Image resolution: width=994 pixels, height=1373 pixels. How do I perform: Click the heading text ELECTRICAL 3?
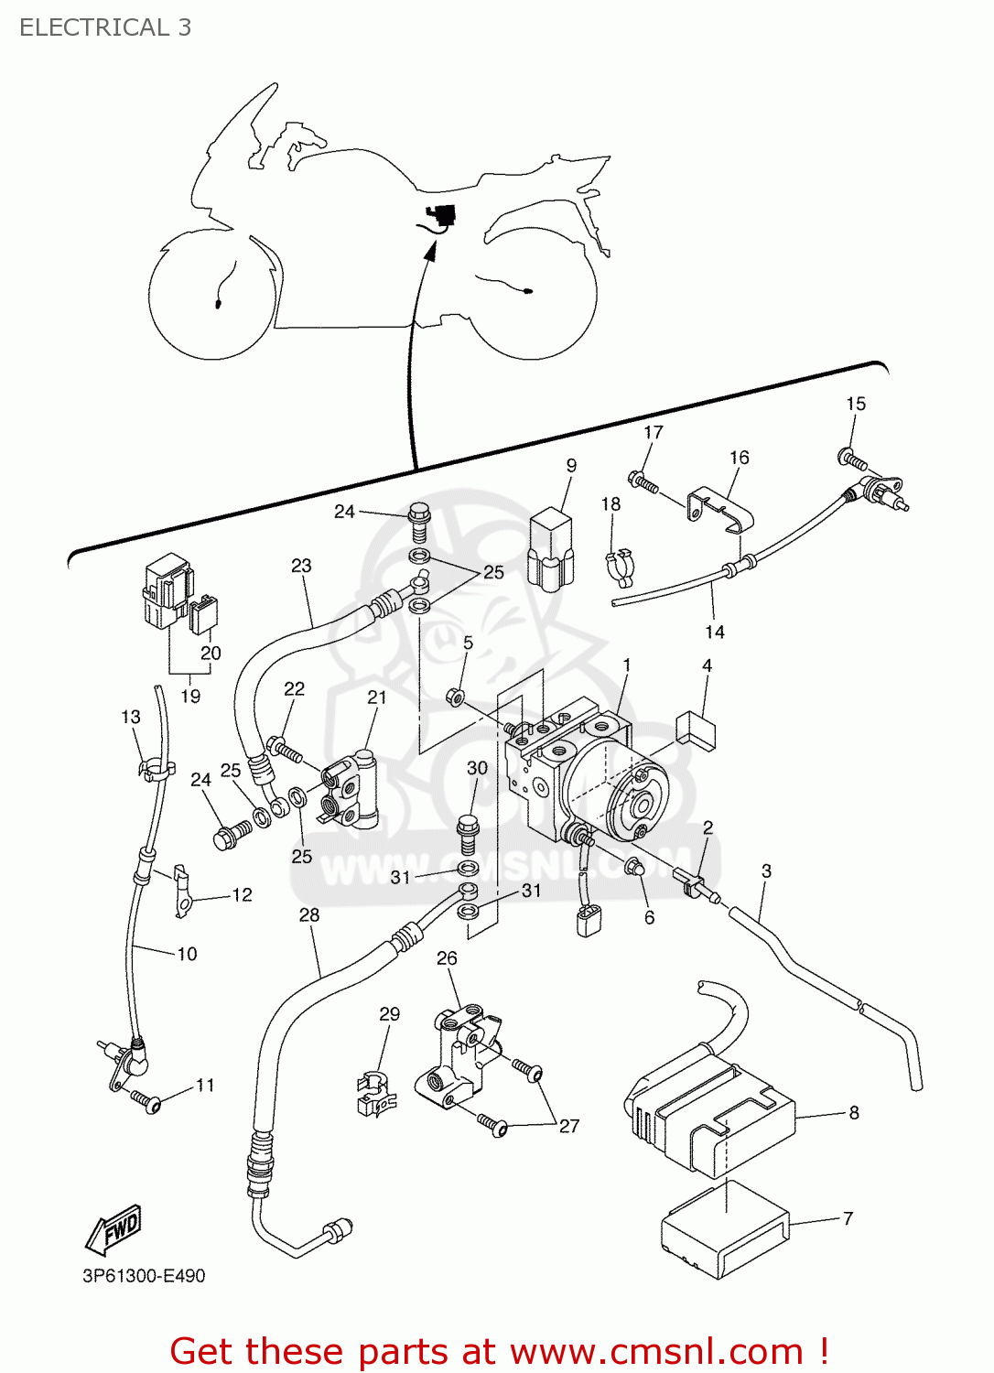coord(105,27)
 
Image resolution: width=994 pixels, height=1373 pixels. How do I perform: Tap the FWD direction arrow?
coord(114,1229)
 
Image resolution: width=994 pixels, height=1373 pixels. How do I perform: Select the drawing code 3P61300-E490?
coord(144,1276)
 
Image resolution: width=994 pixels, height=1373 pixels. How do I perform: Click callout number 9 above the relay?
coord(571,465)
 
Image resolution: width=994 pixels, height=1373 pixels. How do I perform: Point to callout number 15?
coord(855,404)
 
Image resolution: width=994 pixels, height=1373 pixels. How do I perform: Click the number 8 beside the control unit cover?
coord(853,1112)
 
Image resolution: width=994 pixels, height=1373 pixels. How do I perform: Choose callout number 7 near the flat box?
coord(848,1218)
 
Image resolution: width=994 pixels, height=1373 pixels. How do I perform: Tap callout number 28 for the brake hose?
coord(309,914)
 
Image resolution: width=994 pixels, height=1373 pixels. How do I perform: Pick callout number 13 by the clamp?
coord(131,717)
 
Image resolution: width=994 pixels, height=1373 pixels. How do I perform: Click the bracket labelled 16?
coord(719,509)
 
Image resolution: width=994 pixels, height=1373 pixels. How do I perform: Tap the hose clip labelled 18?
coord(621,565)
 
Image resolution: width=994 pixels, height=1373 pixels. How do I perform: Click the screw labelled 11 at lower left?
coord(146,1100)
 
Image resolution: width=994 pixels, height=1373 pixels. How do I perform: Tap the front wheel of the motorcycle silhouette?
coord(212,295)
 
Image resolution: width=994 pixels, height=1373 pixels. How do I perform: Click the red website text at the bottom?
coord(500,1351)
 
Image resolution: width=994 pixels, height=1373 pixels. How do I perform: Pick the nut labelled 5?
coord(454,697)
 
